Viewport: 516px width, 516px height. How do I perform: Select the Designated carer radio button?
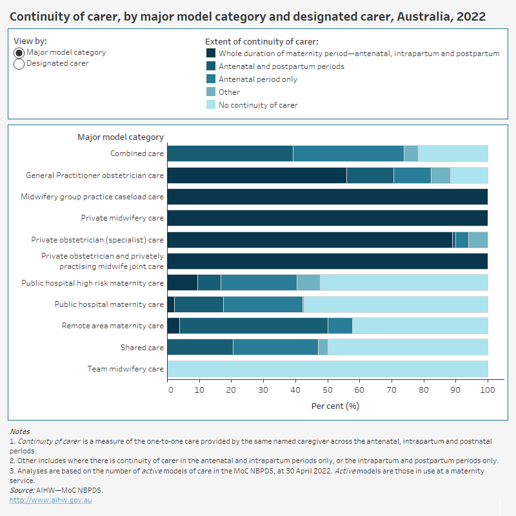pyautogui.click(x=19, y=64)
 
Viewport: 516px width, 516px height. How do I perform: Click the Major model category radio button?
pyautogui.click(x=19, y=53)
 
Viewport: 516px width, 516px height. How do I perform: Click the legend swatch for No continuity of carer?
pyautogui.click(x=210, y=104)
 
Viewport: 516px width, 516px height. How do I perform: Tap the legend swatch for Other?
pyautogui.click(x=210, y=92)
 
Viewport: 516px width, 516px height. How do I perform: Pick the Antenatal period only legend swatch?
pyautogui.click(x=210, y=79)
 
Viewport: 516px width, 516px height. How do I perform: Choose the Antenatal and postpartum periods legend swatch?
pyautogui.click(x=210, y=66)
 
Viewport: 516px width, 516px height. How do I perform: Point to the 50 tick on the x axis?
pyautogui.click(x=327, y=390)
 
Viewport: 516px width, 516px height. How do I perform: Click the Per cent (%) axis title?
pyautogui.click(x=335, y=406)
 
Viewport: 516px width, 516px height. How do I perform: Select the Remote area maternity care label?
pyautogui.click(x=112, y=326)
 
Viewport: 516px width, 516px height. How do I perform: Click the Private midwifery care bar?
pyautogui.click(x=327, y=218)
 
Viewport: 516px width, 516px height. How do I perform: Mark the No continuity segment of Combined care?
pyautogui.click(x=453, y=154)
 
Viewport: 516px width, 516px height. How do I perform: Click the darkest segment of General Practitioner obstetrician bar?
pyautogui.click(x=257, y=175)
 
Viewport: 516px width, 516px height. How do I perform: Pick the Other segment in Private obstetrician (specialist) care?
pyautogui.click(x=478, y=240)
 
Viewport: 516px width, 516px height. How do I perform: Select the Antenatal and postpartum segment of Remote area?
pyautogui.click(x=253, y=326)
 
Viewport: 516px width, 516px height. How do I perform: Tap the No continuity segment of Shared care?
pyautogui.click(x=408, y=348)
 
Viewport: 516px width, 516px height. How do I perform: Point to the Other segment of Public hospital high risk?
pyautogui.click(x=308, y=283)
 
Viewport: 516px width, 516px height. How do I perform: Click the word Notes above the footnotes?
pyautogui.click(x=19, y=432)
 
